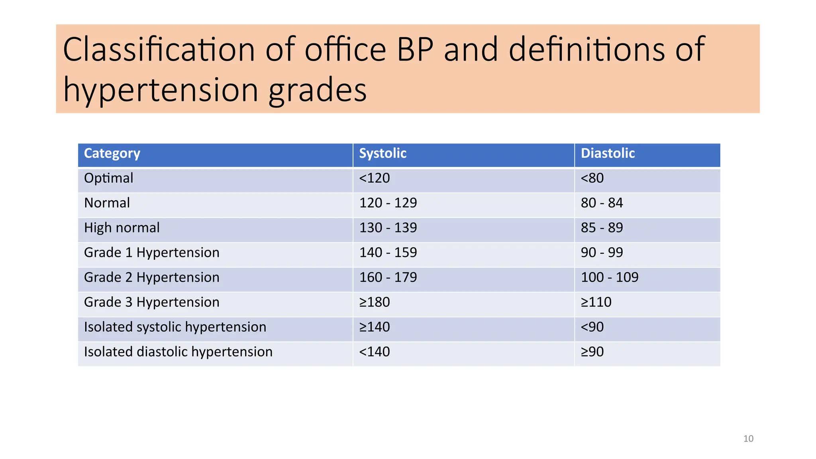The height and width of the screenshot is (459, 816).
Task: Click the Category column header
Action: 112,154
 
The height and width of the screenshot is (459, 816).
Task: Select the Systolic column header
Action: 382,153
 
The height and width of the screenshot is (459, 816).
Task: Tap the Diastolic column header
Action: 608,153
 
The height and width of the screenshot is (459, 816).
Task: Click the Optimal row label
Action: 108,178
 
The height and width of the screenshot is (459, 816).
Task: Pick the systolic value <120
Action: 374,178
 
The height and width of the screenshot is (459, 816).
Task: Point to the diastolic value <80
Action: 592,178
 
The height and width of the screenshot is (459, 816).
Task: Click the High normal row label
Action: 122,228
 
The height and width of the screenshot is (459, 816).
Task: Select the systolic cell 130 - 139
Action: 388,228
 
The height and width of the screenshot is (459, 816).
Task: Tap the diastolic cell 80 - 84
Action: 602,203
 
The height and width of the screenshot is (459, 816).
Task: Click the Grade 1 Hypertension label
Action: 151,253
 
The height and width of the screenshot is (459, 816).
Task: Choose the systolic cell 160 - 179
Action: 388,277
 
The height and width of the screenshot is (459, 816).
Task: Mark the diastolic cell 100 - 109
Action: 609,277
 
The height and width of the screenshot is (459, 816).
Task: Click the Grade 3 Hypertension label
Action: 151,302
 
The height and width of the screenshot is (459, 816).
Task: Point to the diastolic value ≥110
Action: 596,302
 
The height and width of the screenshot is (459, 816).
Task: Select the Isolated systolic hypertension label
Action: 175,327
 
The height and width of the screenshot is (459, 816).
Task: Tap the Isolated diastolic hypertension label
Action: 178,352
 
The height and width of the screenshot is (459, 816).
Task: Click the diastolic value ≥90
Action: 592,352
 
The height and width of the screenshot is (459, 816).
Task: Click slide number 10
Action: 748,439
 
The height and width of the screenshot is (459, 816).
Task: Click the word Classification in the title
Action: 159,49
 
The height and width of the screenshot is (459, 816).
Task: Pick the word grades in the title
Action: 317,90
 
